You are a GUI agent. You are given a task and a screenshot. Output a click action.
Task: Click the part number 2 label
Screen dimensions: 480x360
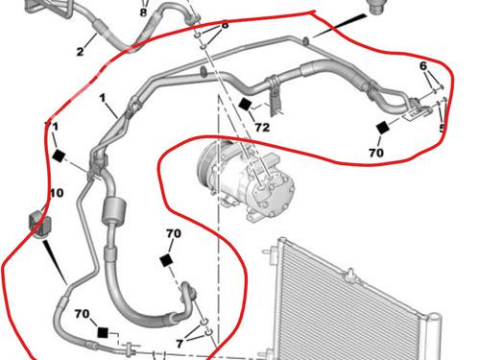click(80, 51)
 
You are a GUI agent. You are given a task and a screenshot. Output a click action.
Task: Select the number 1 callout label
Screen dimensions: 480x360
click(103, 98)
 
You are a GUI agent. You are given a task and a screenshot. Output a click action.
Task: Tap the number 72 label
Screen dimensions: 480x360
click(262, 128)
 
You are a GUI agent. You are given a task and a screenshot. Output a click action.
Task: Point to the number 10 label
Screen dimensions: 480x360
click(57, 193)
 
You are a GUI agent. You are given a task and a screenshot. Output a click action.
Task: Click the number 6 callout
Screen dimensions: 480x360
click(423, 66)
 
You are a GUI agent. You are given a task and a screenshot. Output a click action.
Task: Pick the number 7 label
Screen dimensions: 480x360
click(180, 344)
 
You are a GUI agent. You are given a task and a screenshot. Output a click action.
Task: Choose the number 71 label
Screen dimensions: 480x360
click(52, 127)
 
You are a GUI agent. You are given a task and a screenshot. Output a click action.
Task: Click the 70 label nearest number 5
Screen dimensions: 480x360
click(376, 153)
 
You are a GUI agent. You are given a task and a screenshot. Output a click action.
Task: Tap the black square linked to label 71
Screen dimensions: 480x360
click(59, 156)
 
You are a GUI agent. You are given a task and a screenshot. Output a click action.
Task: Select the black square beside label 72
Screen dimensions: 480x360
click(245, 105)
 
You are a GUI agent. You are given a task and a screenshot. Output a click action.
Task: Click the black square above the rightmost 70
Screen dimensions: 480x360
click(383, 128)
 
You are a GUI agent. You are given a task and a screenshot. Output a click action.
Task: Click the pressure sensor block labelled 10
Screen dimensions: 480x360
click(40, 223)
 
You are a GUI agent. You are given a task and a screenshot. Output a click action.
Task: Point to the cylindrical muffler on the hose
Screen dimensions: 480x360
click(113, 210)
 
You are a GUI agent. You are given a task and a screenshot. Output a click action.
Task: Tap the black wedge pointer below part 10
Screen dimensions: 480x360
click(55, 262)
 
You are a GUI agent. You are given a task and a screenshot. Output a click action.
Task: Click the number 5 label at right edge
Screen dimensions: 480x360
click(442, 129)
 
